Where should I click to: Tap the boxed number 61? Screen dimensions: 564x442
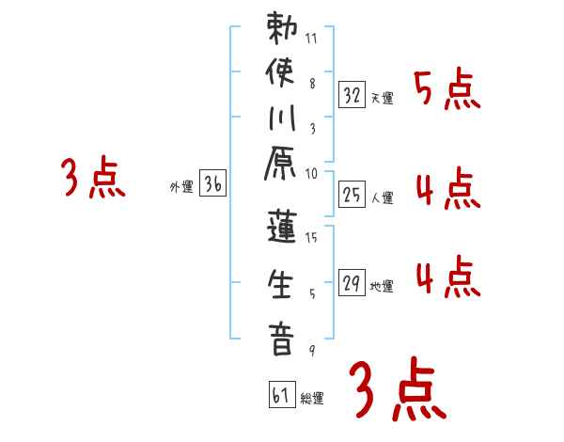[x=281, y=396]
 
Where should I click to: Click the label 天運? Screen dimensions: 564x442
[x=383, y=98]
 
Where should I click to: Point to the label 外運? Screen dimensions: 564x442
[x=181, y=187]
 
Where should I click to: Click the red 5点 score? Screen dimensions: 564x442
[x=446, y=91]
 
